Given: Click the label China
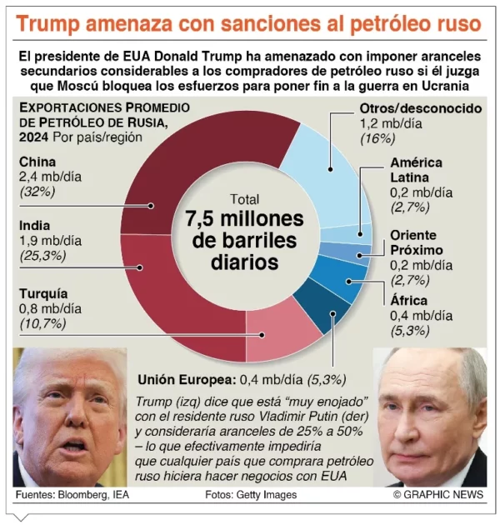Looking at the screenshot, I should [x=37, y=162].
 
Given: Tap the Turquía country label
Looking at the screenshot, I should [x=43, y=294].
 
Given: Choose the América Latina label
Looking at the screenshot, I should [x=416, y=170].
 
